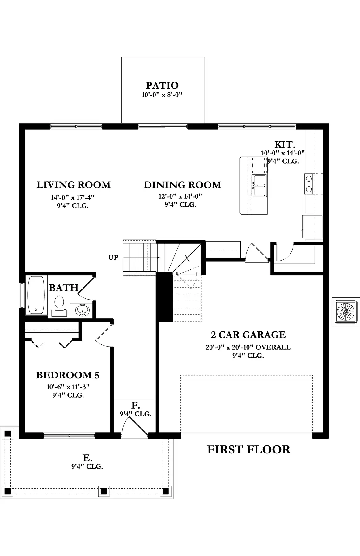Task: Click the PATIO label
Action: (162, 85)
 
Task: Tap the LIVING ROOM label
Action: (74, 185)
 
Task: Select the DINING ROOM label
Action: (182, 185)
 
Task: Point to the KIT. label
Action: (285, 144)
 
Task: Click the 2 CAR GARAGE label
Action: (248, 335)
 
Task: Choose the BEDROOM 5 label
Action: (68, 375)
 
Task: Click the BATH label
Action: (64, 288)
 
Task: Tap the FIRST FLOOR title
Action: (249, 449)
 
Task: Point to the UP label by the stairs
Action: (113, 257)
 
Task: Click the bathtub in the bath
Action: (36, 295)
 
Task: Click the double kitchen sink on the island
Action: (259, 185)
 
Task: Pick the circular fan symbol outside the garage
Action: (346, 312)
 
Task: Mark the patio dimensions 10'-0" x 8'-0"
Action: (162, 95)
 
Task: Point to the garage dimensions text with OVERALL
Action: (248, 347)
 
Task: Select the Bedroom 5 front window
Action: (69, 436)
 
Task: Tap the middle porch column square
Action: (104, 491)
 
